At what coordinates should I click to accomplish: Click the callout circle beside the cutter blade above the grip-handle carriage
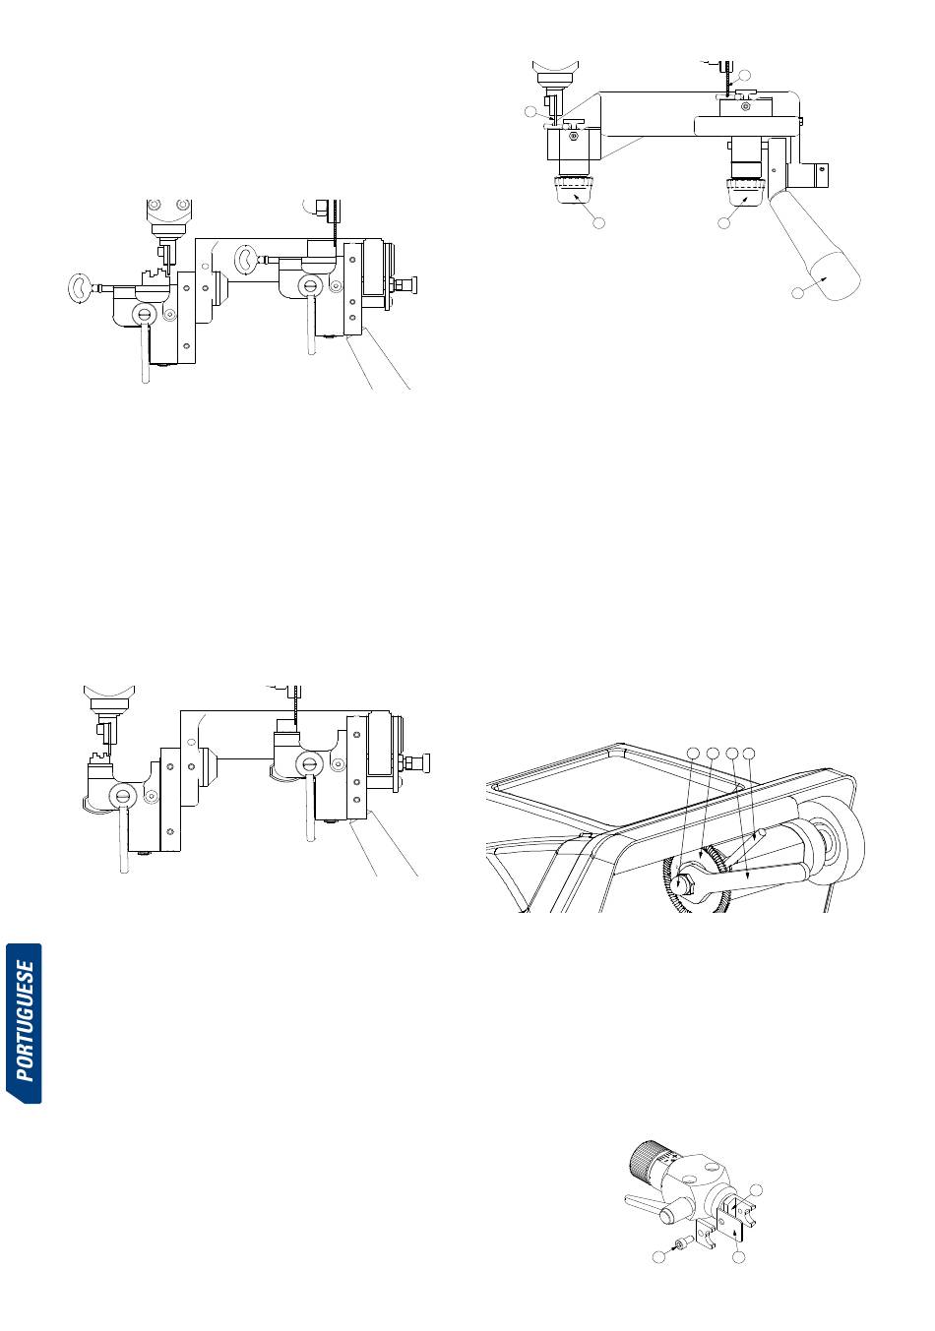point(745,75)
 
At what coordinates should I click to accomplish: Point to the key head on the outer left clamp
point(75,287)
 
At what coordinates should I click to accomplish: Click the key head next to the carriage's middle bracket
point(246,260)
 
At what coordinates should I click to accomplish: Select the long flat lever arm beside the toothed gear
point(753,872)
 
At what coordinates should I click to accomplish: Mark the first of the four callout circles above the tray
point(693,754)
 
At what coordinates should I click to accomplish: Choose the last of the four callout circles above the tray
point(750,754)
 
